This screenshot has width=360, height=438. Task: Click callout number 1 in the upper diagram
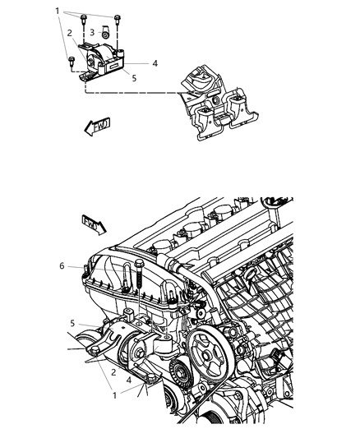(x=57, y=11)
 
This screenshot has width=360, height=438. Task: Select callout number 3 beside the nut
(x=91, y=31)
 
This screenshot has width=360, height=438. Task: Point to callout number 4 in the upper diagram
(x=155, y=62)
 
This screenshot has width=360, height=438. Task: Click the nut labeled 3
(x=105, y=35)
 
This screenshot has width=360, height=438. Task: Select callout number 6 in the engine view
(x=61, y=265)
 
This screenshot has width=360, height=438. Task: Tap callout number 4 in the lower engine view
(x=128, y=379)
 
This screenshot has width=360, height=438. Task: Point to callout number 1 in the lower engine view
(x=114, y=394)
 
